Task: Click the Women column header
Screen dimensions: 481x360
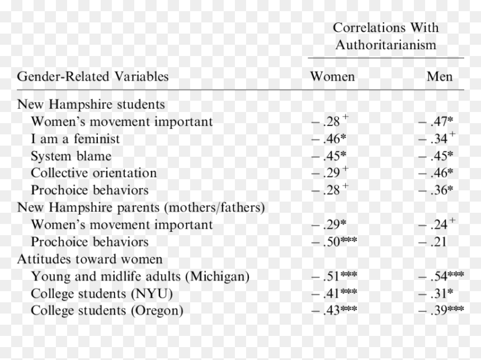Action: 332,76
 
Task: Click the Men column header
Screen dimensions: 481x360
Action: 439,76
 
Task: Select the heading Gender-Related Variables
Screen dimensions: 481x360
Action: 93,76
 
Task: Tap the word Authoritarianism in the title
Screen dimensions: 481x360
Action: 385,45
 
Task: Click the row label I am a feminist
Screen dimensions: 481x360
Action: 76,139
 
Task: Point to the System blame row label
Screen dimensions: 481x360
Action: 71,156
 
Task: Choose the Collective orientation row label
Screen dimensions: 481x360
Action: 93,173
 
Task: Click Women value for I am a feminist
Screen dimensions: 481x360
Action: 329,139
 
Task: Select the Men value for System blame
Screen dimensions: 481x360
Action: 436,156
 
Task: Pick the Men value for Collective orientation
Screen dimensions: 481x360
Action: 436,173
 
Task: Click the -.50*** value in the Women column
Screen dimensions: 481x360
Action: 334,242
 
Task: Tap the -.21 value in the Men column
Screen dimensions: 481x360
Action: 432,242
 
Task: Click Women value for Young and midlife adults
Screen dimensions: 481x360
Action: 334,276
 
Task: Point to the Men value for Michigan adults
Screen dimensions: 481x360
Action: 441,276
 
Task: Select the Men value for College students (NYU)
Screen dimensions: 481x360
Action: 436,293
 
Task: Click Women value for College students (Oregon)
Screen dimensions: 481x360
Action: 334,310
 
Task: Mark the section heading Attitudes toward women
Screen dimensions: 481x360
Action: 89,259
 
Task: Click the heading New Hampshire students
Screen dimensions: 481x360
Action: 91,105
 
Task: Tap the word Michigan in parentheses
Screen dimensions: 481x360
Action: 218,276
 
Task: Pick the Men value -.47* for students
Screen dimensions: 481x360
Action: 436,121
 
